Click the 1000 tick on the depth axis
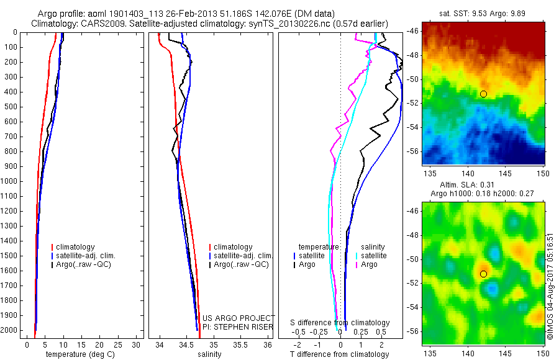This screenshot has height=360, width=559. (11, 181)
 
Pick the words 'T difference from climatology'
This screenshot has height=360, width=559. (340, 354)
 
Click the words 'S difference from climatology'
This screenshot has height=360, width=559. (340, 323)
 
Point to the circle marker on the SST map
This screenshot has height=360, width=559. (483, 94)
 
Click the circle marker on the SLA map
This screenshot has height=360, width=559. (483, 274)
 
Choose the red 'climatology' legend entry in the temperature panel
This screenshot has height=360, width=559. (74, 247)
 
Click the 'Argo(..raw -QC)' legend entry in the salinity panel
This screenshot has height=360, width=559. (242, 264)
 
